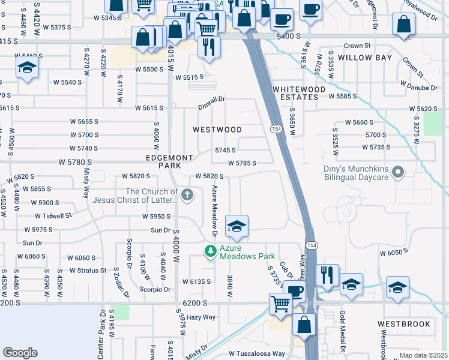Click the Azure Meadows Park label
click(x=247, y=251)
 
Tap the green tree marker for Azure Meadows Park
click(x=210, y=251)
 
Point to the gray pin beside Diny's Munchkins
click(x=397, y=173)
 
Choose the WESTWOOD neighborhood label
click(x=217, y=130)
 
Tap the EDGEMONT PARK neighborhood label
click(x=170, y=161)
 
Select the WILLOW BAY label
click(x=364, y=58)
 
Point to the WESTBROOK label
click(x=404, y=324)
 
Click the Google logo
click(x=20, y=353)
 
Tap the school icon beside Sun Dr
click(x=237, y=227)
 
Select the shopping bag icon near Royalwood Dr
click(x=404, y=25)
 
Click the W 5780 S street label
click(x=75, y=162)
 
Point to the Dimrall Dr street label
click(x=212, y=107)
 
